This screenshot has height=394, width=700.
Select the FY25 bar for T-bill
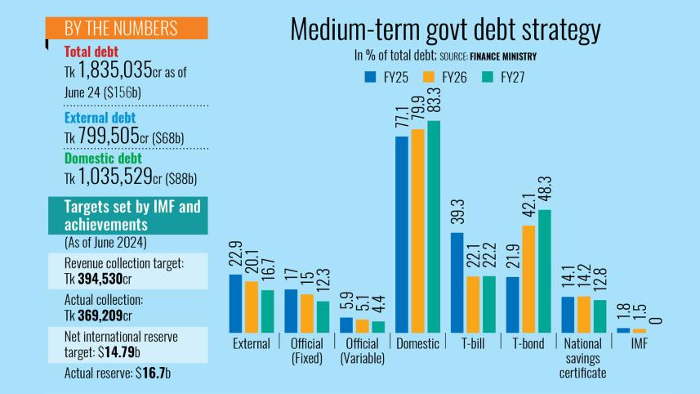point(457,283)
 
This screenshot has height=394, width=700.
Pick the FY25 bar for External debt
point(235,303)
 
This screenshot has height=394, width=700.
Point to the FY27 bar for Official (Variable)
point(377,327)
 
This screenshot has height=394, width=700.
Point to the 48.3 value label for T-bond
point(545,190)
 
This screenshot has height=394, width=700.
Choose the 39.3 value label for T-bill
point(457,213)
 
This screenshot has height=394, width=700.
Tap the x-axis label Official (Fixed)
point(307,351)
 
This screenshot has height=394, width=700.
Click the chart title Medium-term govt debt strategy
point(445,29)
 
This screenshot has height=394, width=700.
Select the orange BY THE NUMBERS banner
point(125,28)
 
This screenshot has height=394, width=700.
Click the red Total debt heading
point(91,52)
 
